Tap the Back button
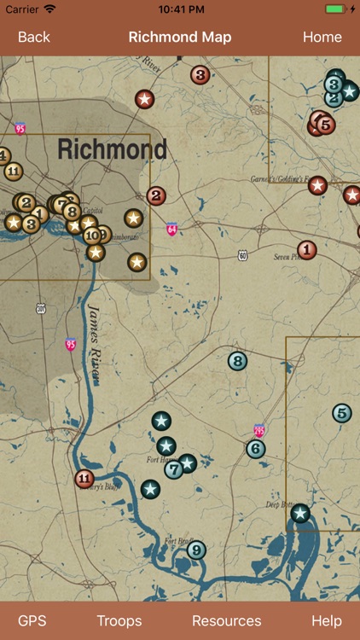(x=34, y=38)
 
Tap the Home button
(x=322, y=38)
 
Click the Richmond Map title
(x=180, y=38)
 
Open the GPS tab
(x=32, y=620)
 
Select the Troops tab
(x=119, y=620)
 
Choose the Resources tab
(x=227, y=620)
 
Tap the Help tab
(x=326, y=620)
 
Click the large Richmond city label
(x=112, y=150)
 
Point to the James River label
(x=96, y=334)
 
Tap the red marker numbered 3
(x=200, y=75)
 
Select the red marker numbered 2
(x=156, y=195)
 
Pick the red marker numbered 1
(x=307, y=250)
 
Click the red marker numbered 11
(x=84, y=479)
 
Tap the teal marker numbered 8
(x=238, y=361)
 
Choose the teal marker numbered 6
(x=256, y=449)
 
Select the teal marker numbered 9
(x=197, y=550)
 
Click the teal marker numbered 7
(x=174, y=468)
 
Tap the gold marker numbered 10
(x=92, y=236)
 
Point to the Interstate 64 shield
(x=171, y=229)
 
